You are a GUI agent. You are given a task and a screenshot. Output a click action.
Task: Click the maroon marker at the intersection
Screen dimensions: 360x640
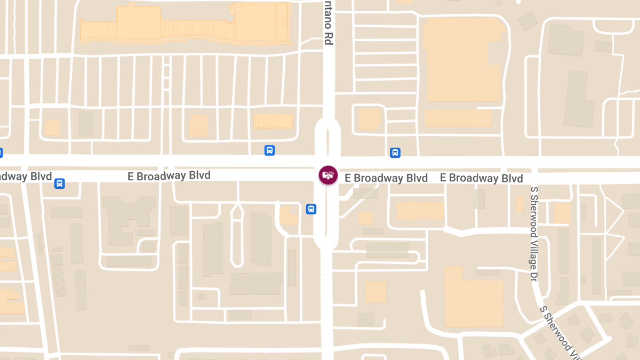click(328, 174)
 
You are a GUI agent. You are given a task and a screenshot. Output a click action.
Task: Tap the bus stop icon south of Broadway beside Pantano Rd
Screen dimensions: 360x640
click(311, 209)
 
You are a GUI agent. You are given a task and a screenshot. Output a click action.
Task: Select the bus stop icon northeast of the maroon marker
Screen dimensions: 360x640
click(395, 153)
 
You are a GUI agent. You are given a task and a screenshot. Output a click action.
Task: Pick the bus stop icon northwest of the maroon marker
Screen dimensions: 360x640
click(270, 150)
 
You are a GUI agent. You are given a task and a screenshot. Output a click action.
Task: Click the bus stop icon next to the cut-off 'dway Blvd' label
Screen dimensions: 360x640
click(59, 183)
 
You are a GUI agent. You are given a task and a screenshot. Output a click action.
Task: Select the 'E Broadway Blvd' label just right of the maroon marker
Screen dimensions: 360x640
click(386, 178)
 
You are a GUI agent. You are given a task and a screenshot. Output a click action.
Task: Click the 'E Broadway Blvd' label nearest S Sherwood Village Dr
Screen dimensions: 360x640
click(481, 178)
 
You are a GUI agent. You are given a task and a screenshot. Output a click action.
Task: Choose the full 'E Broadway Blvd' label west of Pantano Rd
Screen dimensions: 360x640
click(169, 175)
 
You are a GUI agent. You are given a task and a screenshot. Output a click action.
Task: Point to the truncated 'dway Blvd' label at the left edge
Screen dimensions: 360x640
click(26, 177)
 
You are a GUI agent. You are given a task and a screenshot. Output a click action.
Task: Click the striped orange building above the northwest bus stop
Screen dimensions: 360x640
click(273, 121)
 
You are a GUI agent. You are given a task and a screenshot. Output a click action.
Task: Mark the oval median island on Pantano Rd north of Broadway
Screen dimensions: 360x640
click(329, 138)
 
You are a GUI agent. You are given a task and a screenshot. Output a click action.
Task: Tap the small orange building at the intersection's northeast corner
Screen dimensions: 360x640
click(369, 118)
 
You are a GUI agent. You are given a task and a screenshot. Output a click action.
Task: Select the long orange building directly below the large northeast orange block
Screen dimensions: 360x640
click(458, 118)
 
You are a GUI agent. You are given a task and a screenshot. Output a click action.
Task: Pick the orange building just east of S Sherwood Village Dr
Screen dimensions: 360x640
click(562, 213)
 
